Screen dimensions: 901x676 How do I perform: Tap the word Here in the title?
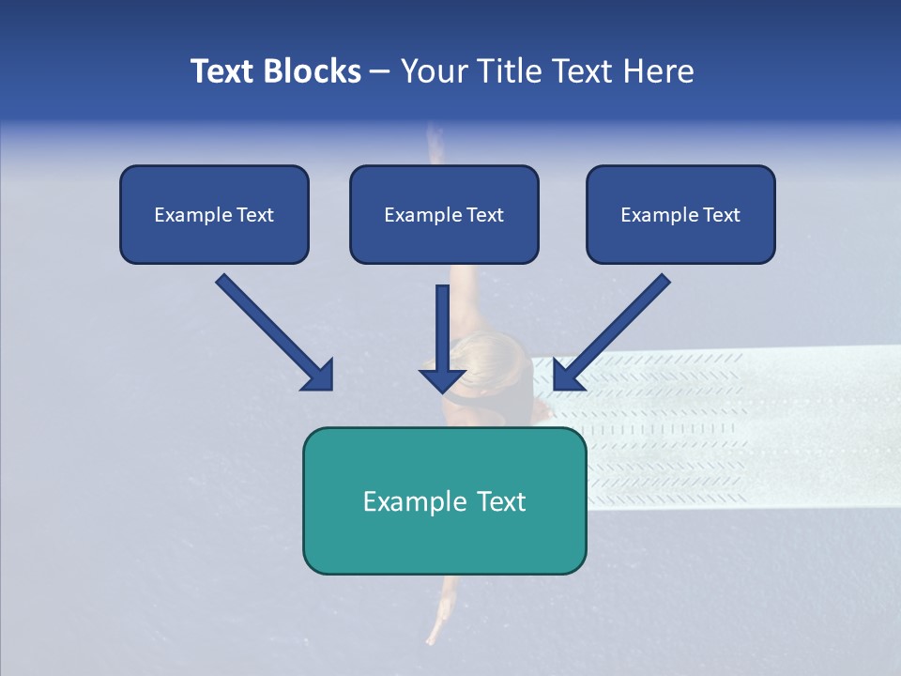(x=659, y=71)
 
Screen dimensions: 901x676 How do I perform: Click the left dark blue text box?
(x=214, y=214)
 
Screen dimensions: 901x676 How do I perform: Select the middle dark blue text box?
(x=444, y=214)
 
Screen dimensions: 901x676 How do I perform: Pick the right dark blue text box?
(x=680, y=214)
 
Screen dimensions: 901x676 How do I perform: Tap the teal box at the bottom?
(x=444, y=500)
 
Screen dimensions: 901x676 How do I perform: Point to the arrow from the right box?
(x=611, y=331)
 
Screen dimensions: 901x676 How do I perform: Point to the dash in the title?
(x=380, y=72)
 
